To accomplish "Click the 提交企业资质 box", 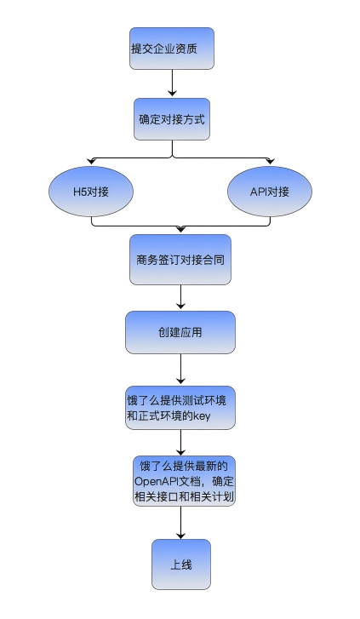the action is (x=172, y=49).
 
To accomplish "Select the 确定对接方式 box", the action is (x=172, y=119).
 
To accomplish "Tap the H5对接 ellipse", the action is (x=91, y=192).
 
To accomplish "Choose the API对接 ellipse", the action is (x=270, y=192).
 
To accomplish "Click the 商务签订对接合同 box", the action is (x=180, y=260).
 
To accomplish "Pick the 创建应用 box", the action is (x=180, y=332).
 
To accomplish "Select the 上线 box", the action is (x=181, y=565).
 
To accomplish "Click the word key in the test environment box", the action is (x=202, y=416).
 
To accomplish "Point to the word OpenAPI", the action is (x=154, y=482).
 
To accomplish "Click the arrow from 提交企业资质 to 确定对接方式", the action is (x=172, y=83).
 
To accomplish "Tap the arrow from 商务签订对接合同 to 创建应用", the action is (x=180, y=297).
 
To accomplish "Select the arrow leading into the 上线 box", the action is (x=180, y=523).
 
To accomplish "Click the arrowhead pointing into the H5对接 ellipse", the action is (x=92, y=161).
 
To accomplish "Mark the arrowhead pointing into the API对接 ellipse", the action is (x=270, y=161).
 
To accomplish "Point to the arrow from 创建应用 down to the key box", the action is (x=180, y=369).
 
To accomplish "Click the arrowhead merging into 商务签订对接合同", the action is (x=180, y=229).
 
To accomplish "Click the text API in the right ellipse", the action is (x=259, y=192).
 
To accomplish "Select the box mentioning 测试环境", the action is (x=180, y=408).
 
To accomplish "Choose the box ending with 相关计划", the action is (x=184, y=481).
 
